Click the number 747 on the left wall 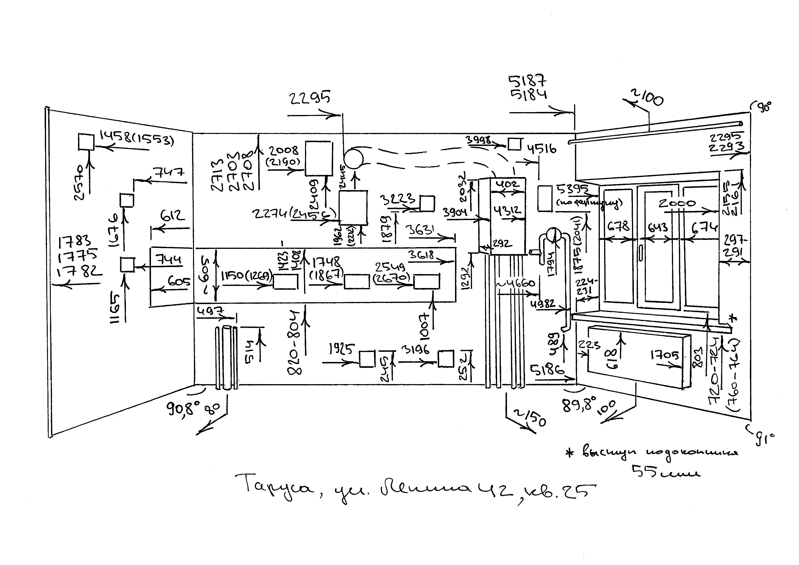tap(169, 173)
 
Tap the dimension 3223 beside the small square tap(398, 199)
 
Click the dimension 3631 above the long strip tap(420, 230)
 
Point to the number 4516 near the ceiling tap(542, 149)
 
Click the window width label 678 tap(618, 226)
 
